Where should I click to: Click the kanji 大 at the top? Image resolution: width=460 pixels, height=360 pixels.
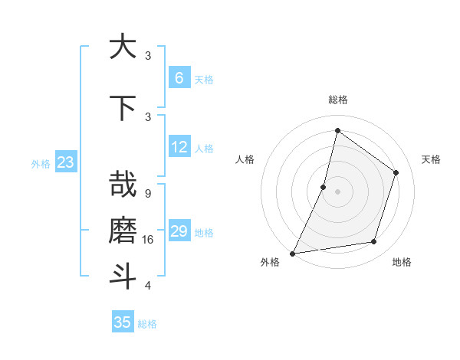(122, 47)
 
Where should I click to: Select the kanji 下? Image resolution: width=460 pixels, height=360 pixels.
(122, 108)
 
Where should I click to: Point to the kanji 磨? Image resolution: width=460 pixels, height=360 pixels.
(122, 230)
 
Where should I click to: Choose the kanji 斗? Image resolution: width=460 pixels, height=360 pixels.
(122, 275)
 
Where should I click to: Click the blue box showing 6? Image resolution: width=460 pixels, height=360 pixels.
(179, 78)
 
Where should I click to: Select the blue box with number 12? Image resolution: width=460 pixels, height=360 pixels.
(179, 147)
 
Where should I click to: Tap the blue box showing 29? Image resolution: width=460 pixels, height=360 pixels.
(179, 231)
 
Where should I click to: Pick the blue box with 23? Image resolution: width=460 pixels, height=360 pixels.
(65, 162)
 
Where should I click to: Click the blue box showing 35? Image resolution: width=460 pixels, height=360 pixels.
(123, 322)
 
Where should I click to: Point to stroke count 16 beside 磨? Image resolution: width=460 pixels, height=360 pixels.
(148, 240)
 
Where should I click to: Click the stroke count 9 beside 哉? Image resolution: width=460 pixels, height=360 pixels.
(147, 194)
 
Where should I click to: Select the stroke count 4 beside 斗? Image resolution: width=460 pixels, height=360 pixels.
(147, 286)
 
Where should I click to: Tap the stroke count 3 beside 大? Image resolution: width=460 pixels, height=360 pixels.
(148, 55)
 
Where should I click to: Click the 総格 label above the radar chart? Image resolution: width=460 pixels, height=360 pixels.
(338, 100)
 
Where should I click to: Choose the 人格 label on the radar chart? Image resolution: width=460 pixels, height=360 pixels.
(245, 159)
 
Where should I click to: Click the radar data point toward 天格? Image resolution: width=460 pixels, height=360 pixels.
(396, 172)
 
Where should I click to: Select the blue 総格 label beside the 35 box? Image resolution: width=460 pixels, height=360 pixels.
(147, 324)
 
